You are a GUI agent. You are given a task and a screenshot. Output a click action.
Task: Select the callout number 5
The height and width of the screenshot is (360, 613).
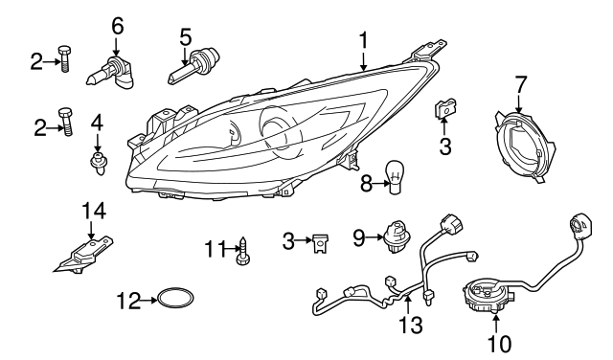click(x=185, y=37)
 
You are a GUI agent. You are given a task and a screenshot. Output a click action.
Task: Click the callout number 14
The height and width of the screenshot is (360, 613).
click(x=93, y=211)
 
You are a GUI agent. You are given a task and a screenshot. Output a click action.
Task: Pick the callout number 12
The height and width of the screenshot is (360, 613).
click(x=127, y=301)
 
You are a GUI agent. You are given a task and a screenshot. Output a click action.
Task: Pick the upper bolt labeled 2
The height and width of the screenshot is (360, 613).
click(x=63, y=58)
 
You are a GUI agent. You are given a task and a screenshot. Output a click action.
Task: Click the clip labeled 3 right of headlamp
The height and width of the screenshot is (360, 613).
click(x=444, y=109)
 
